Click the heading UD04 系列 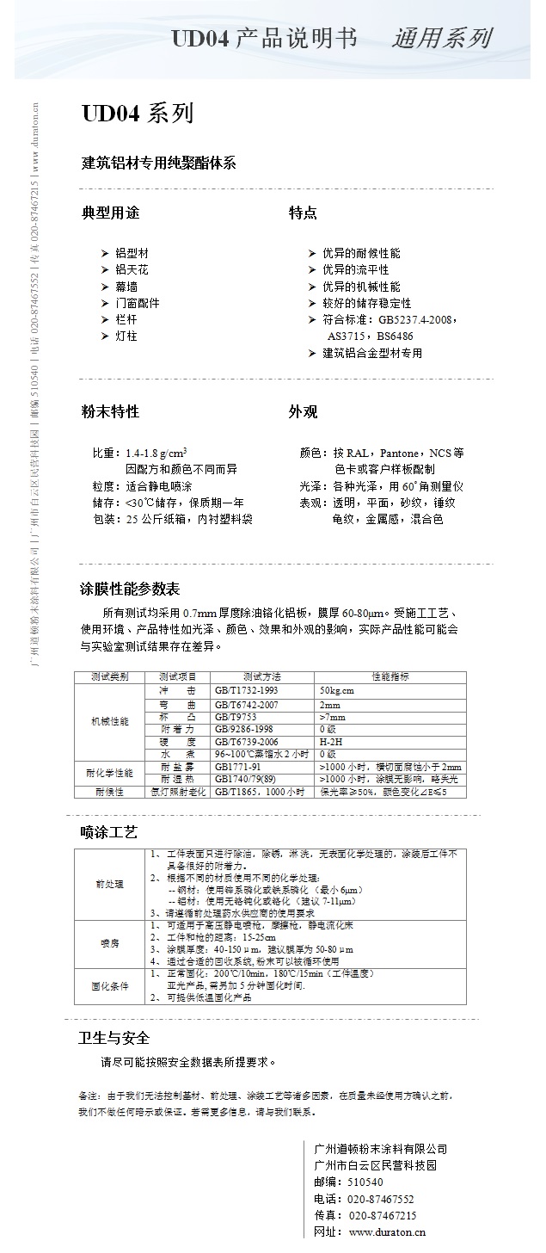pyautogui.click(x=138, y=114)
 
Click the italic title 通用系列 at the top pyautogui.click(x=441, y=38)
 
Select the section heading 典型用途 pyautogui.click(x=110, y=213)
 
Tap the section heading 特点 pyautogui.click(x=303, y=213)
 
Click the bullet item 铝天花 pyautogui.click(x=132, y=270)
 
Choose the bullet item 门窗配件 pyautogui.click(x=138, y=303)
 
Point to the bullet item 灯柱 pyautogui.click(x=126, y=336)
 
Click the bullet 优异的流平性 pyautogui.click(x=360, y=270)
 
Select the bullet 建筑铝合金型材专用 pyautogui.click(x=372, y=353)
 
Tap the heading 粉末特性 pyautogui.click(x=110, y=412)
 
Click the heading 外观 pyautogui.click(x=303, y=412)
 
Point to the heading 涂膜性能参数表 pyautogui.click(x=130, y=589)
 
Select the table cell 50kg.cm pyautogui.click(x=337, y=690)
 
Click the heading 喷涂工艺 pyautogui.click(x=109, y=832)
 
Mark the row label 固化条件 pyautogui.click(x=109, y=986)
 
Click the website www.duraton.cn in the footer pyautogui.click(x=383, y=1231)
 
